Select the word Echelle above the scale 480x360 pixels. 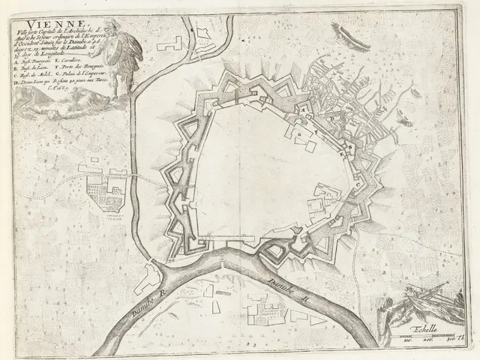click(426, 327)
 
